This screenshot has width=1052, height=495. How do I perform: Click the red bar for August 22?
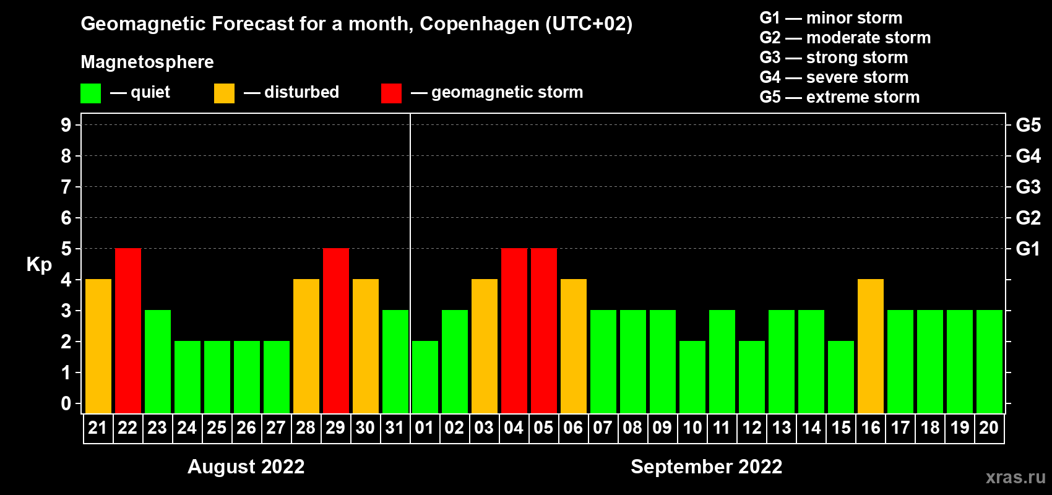click(x=128, y=330)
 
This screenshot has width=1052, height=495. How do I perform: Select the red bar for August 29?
click(x=336, y=330)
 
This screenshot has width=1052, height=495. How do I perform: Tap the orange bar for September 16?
click(x=871, y=346)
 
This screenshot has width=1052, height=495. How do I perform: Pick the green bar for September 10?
click(x=692, y=377)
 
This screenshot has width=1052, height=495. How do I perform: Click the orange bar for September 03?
click(x=485, y=346)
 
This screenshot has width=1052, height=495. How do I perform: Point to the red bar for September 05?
click(x=544, y=330)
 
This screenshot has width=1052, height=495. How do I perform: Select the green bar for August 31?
click(x=395, y=361)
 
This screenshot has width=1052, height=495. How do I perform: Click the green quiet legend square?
click(x=91, y=93)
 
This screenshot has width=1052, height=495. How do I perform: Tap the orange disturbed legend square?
click(x=224, y=93)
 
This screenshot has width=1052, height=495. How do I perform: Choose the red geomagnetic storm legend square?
click(x=391, y=93)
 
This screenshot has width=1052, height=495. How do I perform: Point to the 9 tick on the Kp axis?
click(x=66, y=125)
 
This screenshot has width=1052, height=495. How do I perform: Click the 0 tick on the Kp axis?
click(x=66, y=404)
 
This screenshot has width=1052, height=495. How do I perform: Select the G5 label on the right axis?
click(x=1028, y=125)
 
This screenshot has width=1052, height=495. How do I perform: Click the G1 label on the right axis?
click(x=1028, y=249)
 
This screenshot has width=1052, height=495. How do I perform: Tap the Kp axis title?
click(x=39, y=265)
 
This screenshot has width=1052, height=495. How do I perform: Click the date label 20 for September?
click(x=989, y=428)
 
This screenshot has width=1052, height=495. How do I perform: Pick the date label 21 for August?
click(x=98, y=428)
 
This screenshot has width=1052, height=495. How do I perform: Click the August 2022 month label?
click(x=246, y=467)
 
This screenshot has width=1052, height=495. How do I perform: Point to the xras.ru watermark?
click(x=1015, y=477)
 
